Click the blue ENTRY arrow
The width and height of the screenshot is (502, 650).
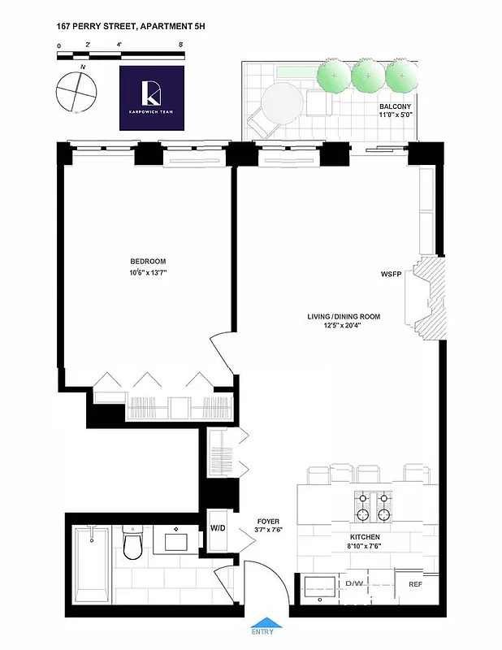pos(262,623)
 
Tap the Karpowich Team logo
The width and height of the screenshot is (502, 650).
pos(152,98)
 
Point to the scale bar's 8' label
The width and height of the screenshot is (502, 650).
pos(180,45)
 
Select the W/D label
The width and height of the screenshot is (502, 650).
pos(218,527)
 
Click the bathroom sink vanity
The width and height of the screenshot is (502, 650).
pos(177,538)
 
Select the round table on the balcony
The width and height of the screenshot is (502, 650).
pos(282,104)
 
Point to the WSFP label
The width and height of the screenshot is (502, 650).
pos(392,274)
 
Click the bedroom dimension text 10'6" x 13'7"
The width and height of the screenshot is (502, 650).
pos(148,273)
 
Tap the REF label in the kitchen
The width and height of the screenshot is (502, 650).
pos(415,584)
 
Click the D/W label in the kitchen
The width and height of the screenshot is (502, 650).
pos(354,584)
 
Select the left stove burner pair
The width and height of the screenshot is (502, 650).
pos(361,505)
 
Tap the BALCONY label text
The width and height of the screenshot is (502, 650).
pos(396,107)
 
